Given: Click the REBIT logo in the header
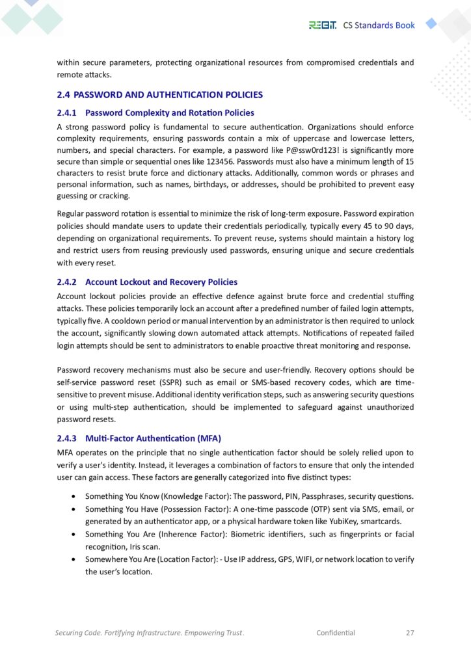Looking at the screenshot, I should point(323,25).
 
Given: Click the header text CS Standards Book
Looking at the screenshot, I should point(379,25).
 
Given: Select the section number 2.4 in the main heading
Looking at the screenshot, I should point(64,95).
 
